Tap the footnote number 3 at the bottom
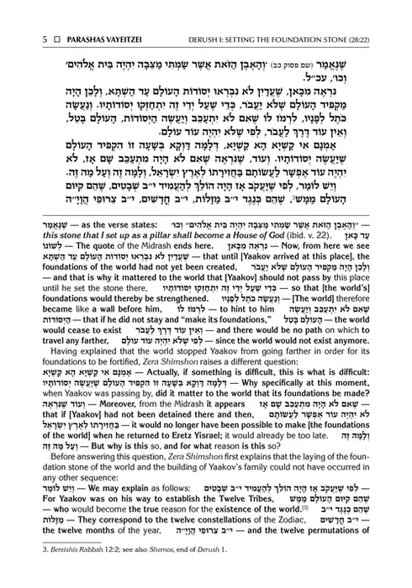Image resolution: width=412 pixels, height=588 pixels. click(x=26, y=574)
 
